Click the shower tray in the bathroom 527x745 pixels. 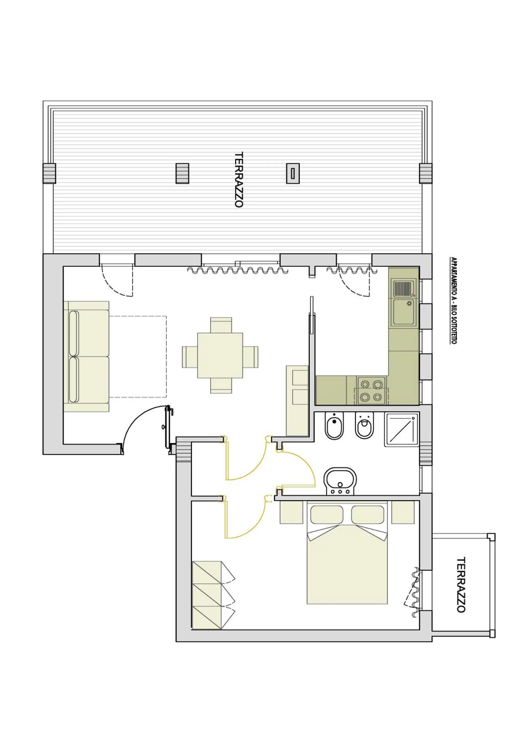click(401, 430)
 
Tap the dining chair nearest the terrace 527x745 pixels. click(221, 325)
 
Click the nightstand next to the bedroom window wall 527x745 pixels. click(403, 512)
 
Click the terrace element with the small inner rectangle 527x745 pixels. click(293, 173)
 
